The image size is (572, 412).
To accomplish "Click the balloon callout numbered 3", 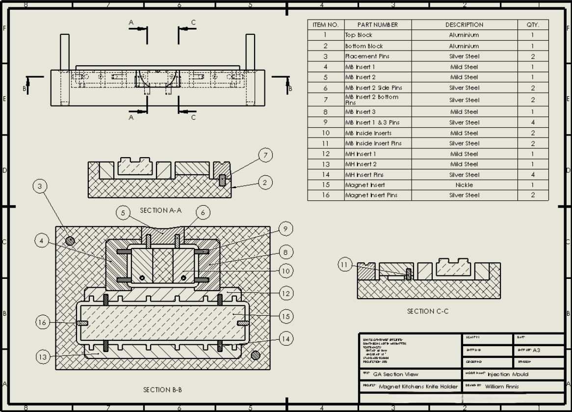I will click(40, 187).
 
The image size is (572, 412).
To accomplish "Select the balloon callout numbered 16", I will click(43, 322).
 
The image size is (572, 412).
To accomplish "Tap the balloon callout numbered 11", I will click(345, 265).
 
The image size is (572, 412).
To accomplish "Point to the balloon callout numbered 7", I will click(265, 156).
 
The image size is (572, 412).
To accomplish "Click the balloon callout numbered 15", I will click(286, 317).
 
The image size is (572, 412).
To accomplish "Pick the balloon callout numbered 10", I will click(286, 271).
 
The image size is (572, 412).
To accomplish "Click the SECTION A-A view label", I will click(160, 210).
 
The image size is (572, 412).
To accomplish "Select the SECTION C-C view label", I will click(427, 311).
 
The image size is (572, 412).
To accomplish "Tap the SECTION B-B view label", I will click(162, 390).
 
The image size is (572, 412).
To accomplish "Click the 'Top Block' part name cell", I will click(359, 35).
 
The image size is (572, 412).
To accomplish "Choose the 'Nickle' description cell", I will click(464, 185).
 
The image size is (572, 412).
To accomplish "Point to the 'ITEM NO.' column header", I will click(325, 25).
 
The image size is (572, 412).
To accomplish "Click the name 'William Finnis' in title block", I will click(501, 386).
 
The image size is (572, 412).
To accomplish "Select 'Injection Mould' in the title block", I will click(508, 374).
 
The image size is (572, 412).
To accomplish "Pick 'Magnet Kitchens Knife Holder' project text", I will click(418, 386).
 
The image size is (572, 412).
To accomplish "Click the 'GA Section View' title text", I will click(395, 374).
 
